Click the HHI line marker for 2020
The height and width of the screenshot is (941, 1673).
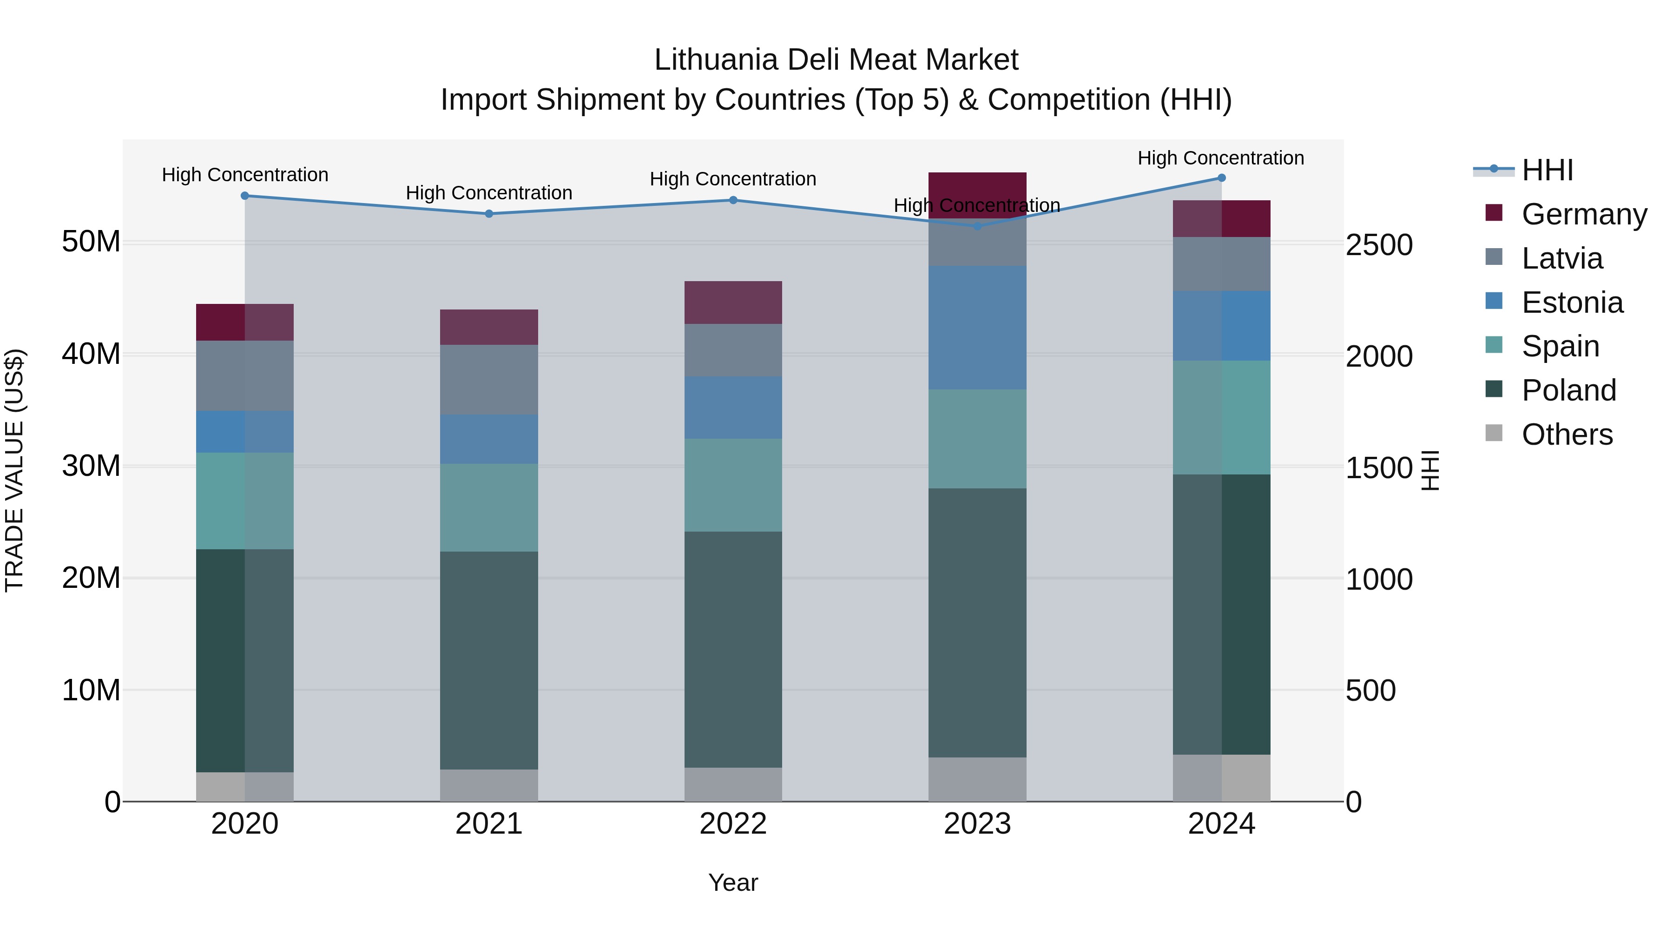[245, 196]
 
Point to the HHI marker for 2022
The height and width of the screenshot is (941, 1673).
[733, 200]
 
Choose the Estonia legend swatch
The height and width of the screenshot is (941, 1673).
[1494, 301]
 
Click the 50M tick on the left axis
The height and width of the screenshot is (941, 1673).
[91, 242]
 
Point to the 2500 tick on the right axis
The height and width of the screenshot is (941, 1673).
[1379, 245]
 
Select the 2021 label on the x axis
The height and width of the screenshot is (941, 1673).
[489, 824]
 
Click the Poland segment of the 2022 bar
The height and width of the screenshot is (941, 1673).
[733, 650]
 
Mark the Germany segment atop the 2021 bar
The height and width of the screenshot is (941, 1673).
[489, 327]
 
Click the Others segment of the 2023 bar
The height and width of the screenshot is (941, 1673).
[977, 779]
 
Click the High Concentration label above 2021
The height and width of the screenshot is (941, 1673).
[489, 193]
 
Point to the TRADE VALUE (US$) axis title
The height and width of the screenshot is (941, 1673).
[14, 470]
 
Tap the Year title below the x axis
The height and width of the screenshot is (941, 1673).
[733, 882]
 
